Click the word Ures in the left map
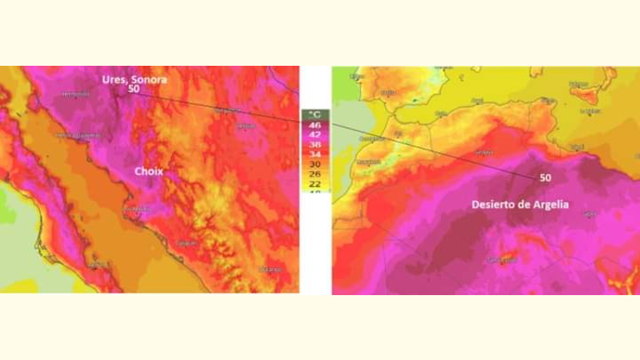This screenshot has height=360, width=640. pyautogui.click(x=113, y=79)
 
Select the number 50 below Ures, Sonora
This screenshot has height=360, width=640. pyautogui.click(x=134, y=89)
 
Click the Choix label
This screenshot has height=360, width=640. pyautogui.click(x=148, y=172)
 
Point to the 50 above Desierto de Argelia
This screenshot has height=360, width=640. pyautogui.click(x=546, y=178)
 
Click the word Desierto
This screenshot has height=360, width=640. pyautogui.click(x=495, y=204)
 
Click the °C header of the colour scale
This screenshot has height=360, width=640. pyautogui.click(x=315, y=113)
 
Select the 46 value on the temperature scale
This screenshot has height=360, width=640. pyautogui.click(x=315, y=123)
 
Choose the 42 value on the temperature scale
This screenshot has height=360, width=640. pyautogui.click(x=315, y=133)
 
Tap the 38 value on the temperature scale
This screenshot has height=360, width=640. pyautogui.click(x=315, y=143)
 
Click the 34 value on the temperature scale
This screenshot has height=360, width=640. pyautogui.click(x=315, y=154)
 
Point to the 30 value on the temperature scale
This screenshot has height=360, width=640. pyautogui.click(x=315, y=164)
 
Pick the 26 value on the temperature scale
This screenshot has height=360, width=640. pyautogui.click(x=315, y=174)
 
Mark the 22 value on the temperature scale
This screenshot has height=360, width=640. pyautogui.click(x=315, y=184)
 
